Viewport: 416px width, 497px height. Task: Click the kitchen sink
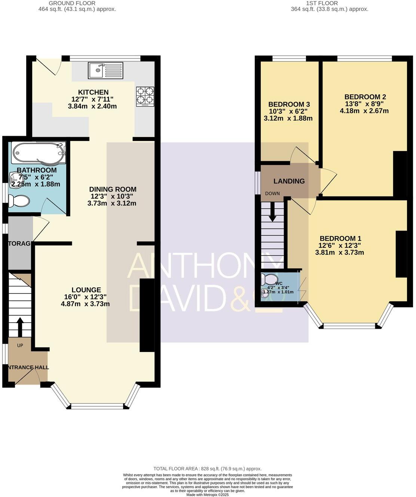(x=105, y=70)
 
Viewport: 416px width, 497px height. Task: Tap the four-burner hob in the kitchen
(x=145, y=97)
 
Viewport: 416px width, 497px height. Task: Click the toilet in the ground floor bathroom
(x=19, y=201)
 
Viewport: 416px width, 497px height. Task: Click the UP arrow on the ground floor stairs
(x=19, y=327)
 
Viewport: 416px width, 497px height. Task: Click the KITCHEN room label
(x=93, y=92)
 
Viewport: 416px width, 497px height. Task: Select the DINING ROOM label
(x=113, y=189)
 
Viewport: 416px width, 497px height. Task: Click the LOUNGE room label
(x=86, y=290)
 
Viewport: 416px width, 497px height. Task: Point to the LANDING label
(x=289, y=181)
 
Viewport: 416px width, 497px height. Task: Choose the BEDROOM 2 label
(x=365, y=96)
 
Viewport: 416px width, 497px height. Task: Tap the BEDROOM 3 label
(x=289, y=104)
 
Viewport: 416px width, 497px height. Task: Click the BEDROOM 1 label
(x=340, y=238)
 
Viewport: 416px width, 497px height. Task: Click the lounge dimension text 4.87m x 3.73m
(x=85, y=304)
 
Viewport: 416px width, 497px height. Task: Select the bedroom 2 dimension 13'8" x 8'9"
(x=365, y=103)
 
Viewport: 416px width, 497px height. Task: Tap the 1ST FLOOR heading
(x=322, y=3)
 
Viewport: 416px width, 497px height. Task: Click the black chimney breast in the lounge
(x=147, y=315)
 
